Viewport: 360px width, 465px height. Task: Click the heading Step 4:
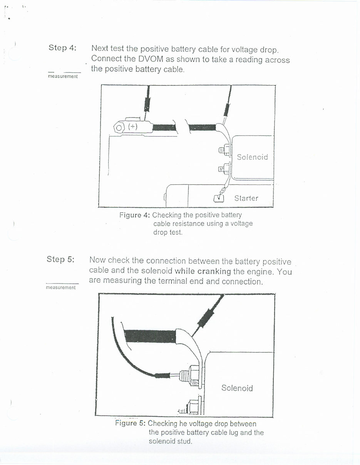62,48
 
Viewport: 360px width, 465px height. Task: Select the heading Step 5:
60,259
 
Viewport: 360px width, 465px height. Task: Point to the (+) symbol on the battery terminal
132,127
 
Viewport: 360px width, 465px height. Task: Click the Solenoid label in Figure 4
252,157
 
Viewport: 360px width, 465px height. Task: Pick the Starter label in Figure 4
246,198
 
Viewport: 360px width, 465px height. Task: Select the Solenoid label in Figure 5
237,388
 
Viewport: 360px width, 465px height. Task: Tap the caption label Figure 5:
130,423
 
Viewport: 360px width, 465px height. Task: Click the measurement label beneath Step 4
63,76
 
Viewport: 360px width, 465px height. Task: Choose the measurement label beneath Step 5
61,288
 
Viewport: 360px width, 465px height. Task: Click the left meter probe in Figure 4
147,103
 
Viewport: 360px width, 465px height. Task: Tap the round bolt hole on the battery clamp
119,127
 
